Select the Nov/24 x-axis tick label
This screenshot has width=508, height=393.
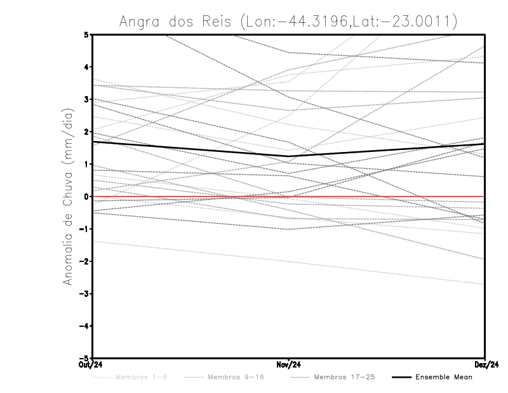coord(289,365)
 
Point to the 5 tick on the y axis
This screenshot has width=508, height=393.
coord(86,34)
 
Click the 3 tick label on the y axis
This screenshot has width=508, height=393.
coord(86,99)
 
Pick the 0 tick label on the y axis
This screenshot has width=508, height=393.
coord(86,197)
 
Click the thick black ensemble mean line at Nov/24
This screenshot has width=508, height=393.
coord(289,156)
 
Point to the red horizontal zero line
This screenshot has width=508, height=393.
coord(381,197)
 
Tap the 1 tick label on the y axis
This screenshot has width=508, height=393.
coord(86,164)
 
